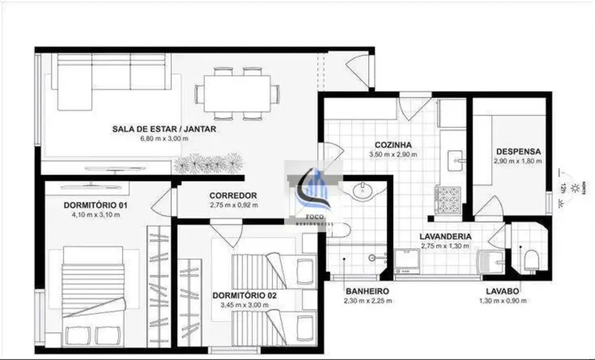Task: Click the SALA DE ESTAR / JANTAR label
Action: click(x=164, y=129)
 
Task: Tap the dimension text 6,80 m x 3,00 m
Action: click(x=164, y=138)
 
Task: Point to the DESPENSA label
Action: click(x=518, y=151)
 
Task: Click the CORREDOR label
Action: click(x=233, y=196)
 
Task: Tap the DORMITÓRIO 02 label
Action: click(x=244, y=296)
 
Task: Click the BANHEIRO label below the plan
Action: click(x=366, y=291)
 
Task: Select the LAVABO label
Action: click(x=502, y=291)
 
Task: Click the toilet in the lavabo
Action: click(x=530, y=260)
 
